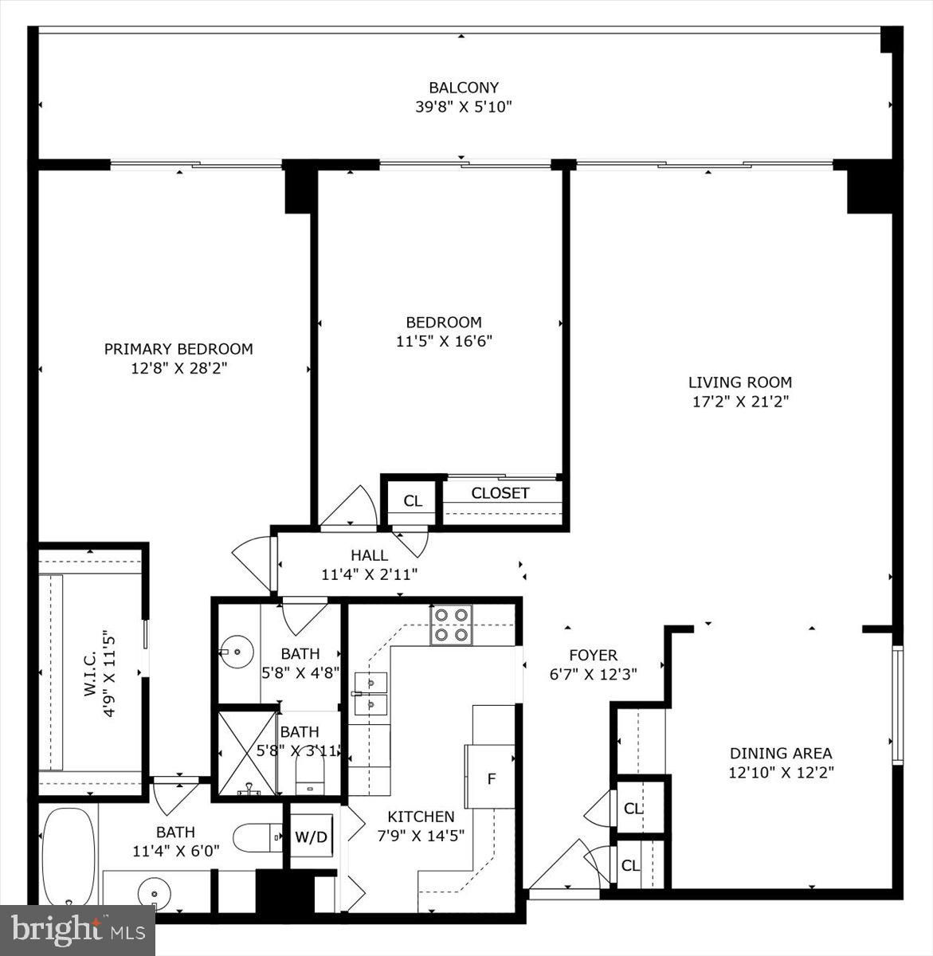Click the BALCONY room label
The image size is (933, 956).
point(464,88)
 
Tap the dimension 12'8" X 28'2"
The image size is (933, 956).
point(178,368)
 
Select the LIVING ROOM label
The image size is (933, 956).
point(740,382)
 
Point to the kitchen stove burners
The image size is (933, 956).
point(451,625)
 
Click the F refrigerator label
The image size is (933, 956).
point(492,778)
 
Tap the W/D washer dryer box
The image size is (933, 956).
point(312,836)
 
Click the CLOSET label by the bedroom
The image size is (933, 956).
point(500,492)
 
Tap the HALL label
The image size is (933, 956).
point(370,555)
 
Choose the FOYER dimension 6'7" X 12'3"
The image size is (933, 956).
point(593,674)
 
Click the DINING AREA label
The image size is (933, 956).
point(781,753)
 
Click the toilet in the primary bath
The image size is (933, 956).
point(257,838)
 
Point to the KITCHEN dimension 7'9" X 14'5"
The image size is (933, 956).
point(421,835)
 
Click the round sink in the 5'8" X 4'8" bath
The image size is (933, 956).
point(237,652)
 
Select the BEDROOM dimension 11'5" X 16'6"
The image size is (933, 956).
point(444,340)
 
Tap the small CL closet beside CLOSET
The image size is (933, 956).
point(413,500)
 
